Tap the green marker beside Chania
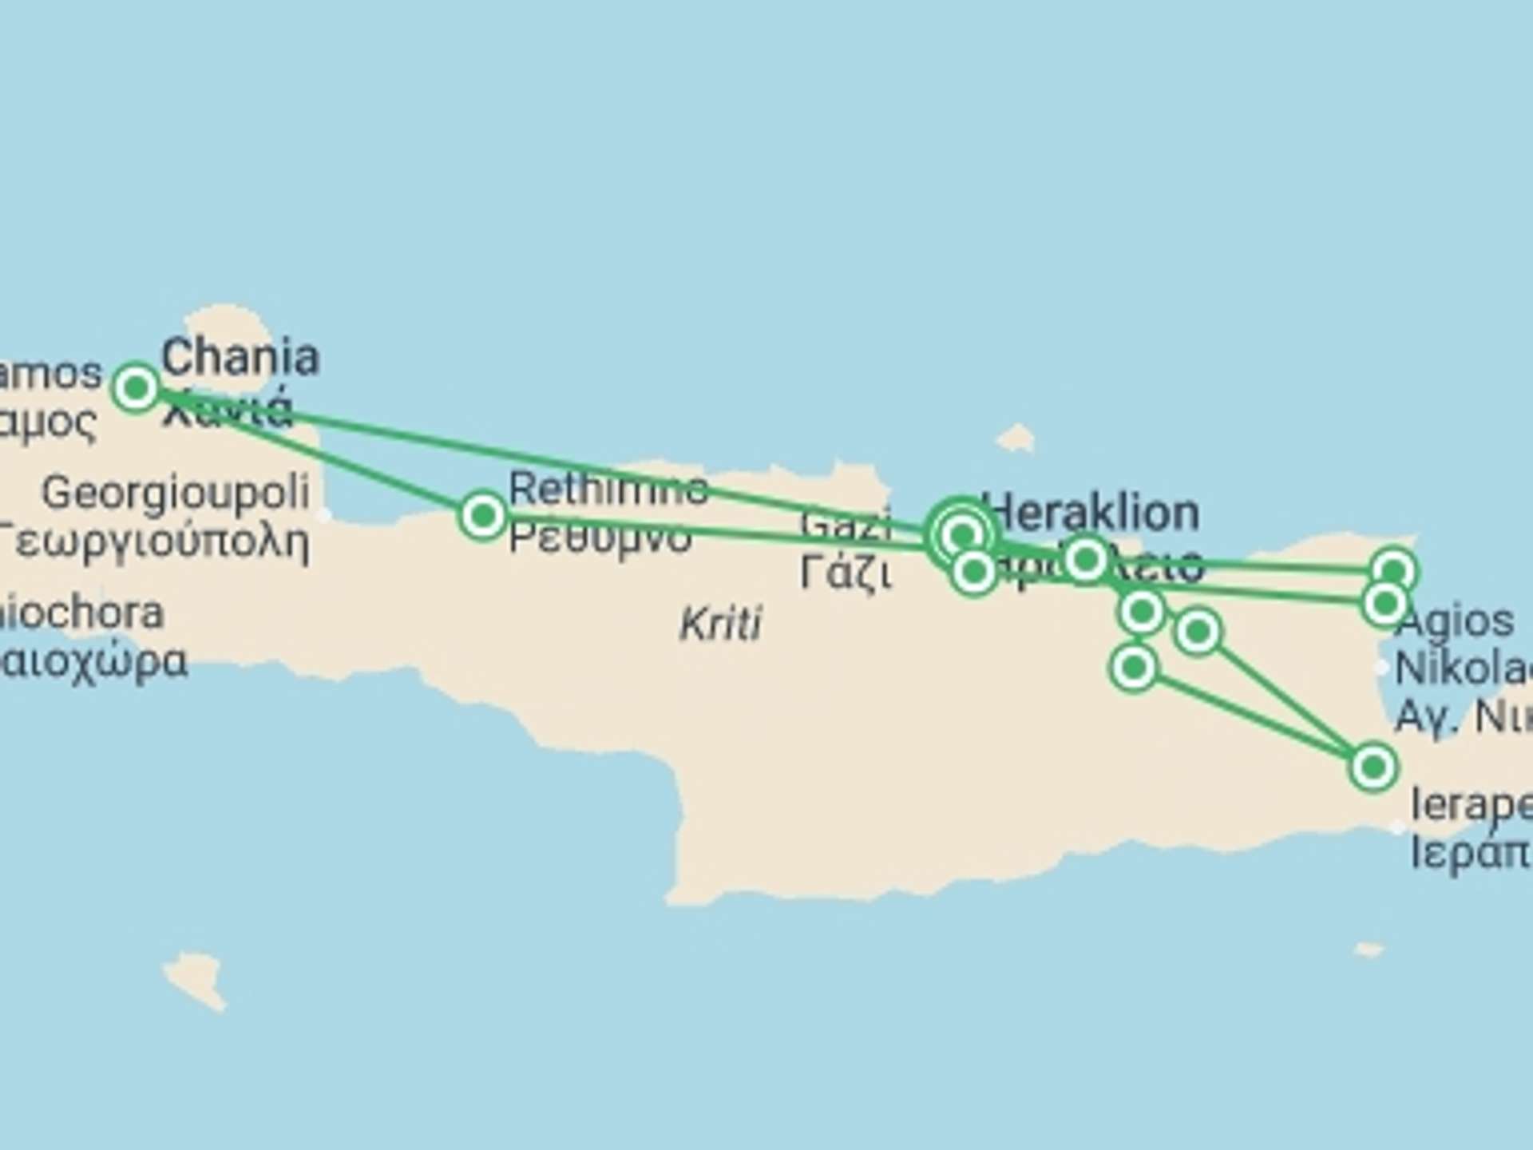click(x=136, y=388)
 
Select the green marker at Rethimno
click(x=482, y=516)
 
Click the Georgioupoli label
click(x=176, y=492)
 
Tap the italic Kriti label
click(x=721, y=624)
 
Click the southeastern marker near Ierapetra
click(x=1373, y=767)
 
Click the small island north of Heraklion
click(x=1016, y=438)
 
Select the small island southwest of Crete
click(x=195, y=979)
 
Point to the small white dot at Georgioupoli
click(x=323, y=515)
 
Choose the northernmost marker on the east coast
click(x=1393, y=571)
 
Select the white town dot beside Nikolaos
click(x=1382, y=667)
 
